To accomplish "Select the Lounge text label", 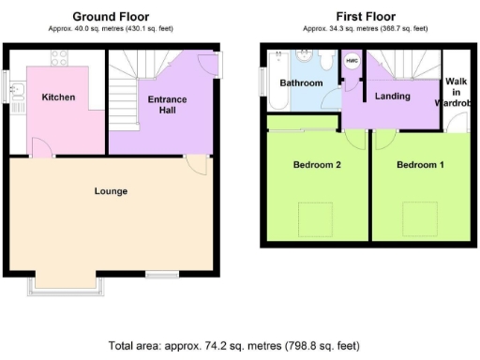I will click(x=111, y=191).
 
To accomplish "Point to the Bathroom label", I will click(x=301, y=83).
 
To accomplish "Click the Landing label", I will click(x=391, y=96).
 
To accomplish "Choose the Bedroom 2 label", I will click(x=316, y=165).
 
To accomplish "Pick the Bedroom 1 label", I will click(x=419, y=165).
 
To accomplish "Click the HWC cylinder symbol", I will click(x=352, y=62).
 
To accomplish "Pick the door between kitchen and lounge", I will click(x=41, y=147).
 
